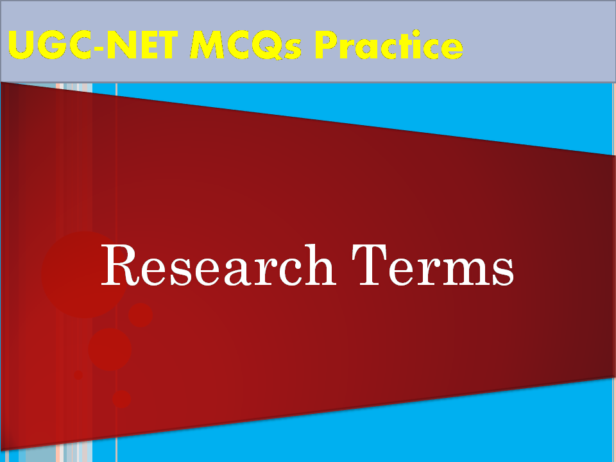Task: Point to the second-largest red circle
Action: click(110, 349)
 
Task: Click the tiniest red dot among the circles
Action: click(78, 375)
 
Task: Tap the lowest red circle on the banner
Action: click(121, 399)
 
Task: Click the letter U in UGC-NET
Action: click(22, 45)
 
